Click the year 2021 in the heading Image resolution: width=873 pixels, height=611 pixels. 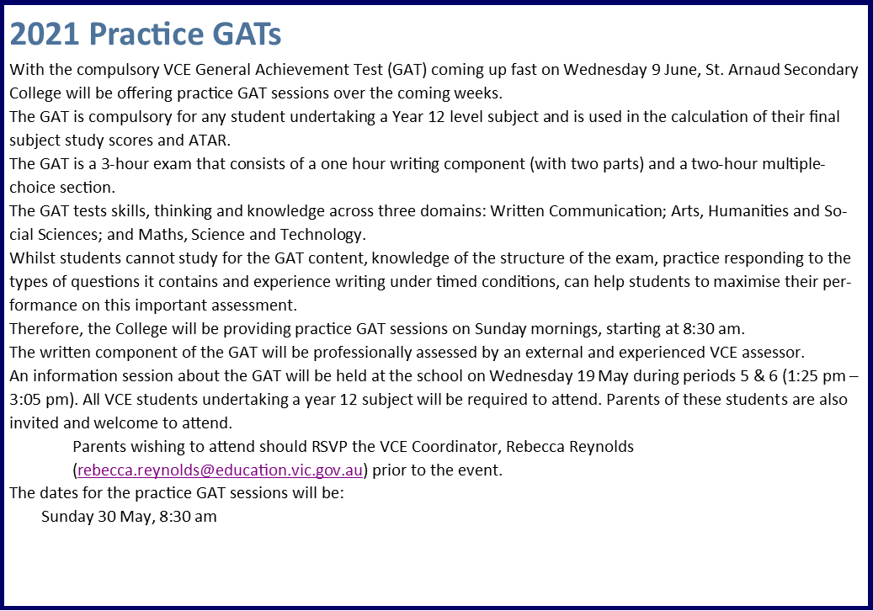[x=45, y=35]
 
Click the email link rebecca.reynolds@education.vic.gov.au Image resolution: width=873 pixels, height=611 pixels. [x=220, y=470]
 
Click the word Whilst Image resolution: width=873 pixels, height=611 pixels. [x=29, y=258]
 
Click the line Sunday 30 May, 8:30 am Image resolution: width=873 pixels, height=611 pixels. [x=129, y=517]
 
